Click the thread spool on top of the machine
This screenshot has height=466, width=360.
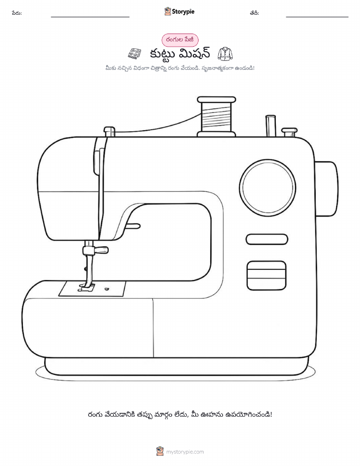pyautogui.click(x=216, y=116)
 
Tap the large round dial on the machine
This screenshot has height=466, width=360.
pyautogui.click(x=267, y=188)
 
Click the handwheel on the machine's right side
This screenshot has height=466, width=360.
pyautogui.click(x=326, y=189)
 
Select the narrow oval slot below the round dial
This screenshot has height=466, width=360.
pyautogui.click(x=267, y=239)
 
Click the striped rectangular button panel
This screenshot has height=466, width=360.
pyautogui.click(x=267, y=275)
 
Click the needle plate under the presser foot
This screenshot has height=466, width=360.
pyautogui.click(x=92, y=289)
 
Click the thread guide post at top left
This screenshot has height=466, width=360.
pyautogui.click(x=109, y=132)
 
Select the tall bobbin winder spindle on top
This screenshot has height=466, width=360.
pyautogui.click(x=271, y=126)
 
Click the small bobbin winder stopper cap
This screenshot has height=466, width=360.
pyautogui.click(x=289, y=132)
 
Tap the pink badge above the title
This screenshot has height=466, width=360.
pyautogui.click(x=180, y=40)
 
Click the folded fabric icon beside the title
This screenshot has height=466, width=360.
pyautogui.click(x=135, y=54)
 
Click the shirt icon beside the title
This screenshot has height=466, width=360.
pyautogui.click(x=225, y=53)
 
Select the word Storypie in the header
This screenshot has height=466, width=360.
pyautogui.click(x=183, y=12)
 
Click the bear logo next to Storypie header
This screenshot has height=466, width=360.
pyautogui.click(x=168, y=11)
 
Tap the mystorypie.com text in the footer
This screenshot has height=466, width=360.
pyautogui.click(x=185, y=452)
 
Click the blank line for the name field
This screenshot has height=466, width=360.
pyautogui.click(x=90, y=17)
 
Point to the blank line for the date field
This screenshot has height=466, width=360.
pyautogui.click(x=317, y=17)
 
